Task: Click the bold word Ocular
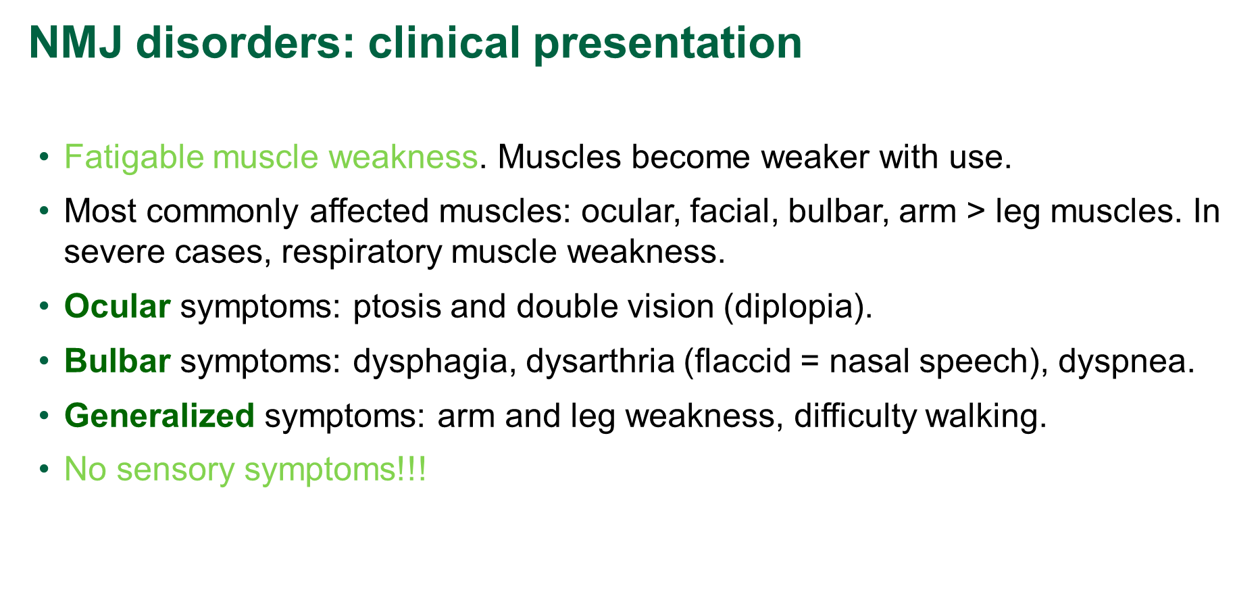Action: (117, 307)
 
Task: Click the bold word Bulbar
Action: (117, 362)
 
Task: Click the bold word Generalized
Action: (159, 416)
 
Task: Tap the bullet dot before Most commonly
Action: (44, 211)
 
